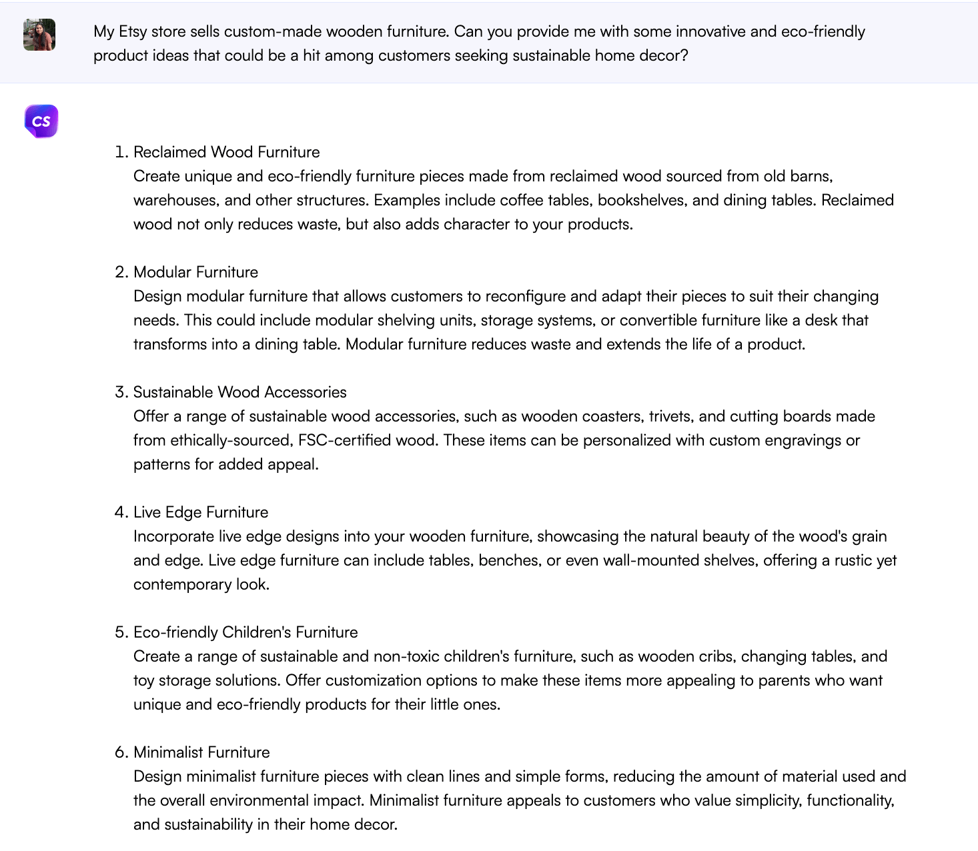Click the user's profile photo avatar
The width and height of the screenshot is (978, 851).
click(x=39, y=35)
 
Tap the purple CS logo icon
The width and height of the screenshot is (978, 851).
click(x=41, y=121)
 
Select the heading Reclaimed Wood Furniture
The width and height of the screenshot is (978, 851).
click(x=226, y=152)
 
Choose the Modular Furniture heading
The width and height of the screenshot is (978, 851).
click(x=195, y=272)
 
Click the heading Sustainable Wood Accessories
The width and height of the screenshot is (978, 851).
click(x=239, y=392)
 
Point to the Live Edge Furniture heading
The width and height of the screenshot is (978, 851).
click(x=201, y=512)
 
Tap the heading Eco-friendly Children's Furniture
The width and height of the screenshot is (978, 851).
click(x=246, y=632)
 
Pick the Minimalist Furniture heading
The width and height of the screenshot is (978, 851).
click(x=201, y=752)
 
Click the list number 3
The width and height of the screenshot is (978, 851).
click(x=120, y=392)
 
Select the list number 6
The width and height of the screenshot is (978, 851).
click(x=120, y=752)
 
